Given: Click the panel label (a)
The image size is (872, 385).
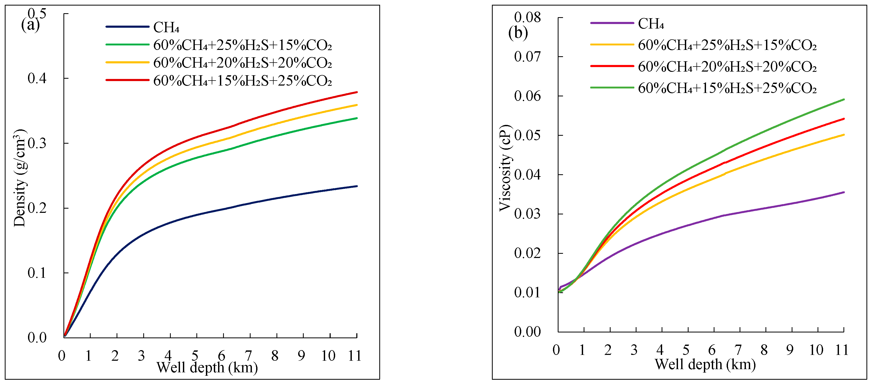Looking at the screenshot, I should click(x=30, y=25).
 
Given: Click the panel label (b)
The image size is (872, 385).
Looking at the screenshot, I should click(x=518, y=33).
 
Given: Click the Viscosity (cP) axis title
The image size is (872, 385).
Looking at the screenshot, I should click(x=505, y=168).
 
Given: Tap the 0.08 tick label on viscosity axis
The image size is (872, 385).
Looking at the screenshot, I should click(x=527, y=17).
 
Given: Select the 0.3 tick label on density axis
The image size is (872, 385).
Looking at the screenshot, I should click(x=37, y=143).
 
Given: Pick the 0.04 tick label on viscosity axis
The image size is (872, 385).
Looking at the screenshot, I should click(x=527, y=175).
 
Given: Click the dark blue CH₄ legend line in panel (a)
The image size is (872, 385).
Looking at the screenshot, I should click(x=127, y=27).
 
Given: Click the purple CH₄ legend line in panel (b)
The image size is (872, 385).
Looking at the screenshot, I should click(x=612, y=23).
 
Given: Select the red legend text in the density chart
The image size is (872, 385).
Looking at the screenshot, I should click(x=242, y=81).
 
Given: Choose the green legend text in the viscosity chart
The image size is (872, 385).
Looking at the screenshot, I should click(x=727, y=88).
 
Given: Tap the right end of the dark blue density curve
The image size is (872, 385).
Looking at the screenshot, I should click(x=357, y=186).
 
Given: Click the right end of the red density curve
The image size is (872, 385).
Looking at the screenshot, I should click(x=357, y=92).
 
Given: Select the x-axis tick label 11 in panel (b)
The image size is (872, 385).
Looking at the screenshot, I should click(x=842, y=350).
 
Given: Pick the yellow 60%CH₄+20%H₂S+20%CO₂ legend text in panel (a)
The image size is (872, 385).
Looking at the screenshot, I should click(x=242, y=63).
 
